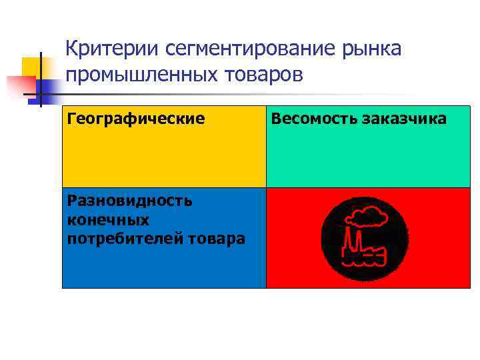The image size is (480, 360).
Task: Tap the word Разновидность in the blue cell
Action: point(130,200)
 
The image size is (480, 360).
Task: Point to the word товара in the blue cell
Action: point(220,238)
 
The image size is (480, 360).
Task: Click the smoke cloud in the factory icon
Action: point(369,216)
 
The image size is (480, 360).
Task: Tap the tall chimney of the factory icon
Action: point(347,240)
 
